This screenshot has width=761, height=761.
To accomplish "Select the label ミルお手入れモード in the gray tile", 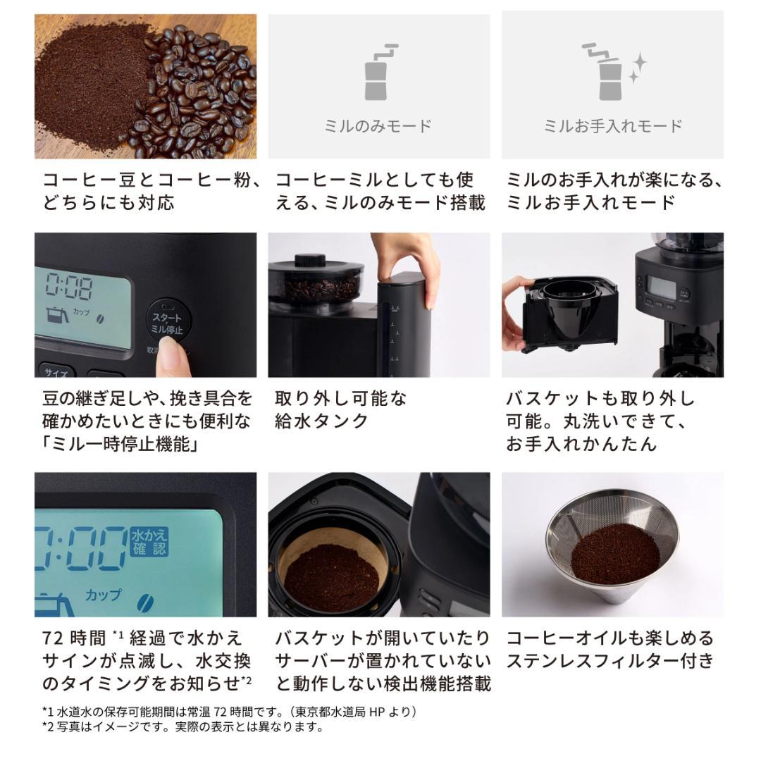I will (x=612, y=126).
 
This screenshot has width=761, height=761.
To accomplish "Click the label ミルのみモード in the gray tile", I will (x=378, y=126).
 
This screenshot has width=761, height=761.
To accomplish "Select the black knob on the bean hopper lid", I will (x=310, y=260).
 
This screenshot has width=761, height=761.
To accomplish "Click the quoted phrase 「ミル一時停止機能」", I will (x=119, y=444).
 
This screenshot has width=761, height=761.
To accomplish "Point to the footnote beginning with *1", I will (x=229, y=712).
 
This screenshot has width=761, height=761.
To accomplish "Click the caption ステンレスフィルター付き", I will (x=610, y=661).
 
